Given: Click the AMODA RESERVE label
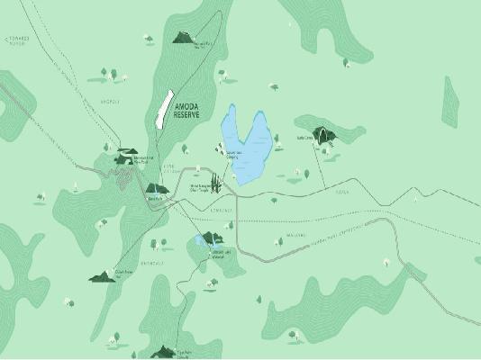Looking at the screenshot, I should pyautogui.click(x=186, y=112).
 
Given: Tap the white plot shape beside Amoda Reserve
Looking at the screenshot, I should pyautogui.click(x=163, y=110).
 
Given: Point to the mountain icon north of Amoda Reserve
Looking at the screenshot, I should pyautogui.click(x=184, y=38).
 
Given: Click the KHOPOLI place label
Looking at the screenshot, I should pyautogui.click(x=111, y=101).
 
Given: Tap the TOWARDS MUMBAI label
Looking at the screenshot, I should pyautogui.click(x=18, y=41).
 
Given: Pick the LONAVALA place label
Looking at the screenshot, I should pyautogui.click(x=222, y=211).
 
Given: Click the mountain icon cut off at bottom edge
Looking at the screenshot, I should pyautogui.click(x=163, y=351).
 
